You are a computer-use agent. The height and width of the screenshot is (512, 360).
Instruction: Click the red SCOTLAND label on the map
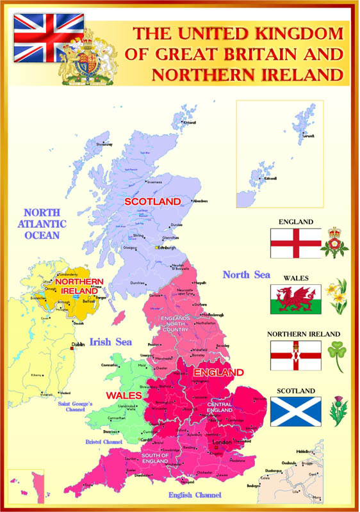[153, 202]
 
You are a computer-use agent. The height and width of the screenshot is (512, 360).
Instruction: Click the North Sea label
[246, 275]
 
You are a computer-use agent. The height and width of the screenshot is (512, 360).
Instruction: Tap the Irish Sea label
[110, 342]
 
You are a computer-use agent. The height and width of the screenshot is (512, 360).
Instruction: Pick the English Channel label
[194, 495]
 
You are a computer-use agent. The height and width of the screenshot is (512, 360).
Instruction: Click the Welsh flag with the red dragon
[295, 299]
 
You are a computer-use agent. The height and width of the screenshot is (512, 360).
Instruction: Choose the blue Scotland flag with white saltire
[295, 412]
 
